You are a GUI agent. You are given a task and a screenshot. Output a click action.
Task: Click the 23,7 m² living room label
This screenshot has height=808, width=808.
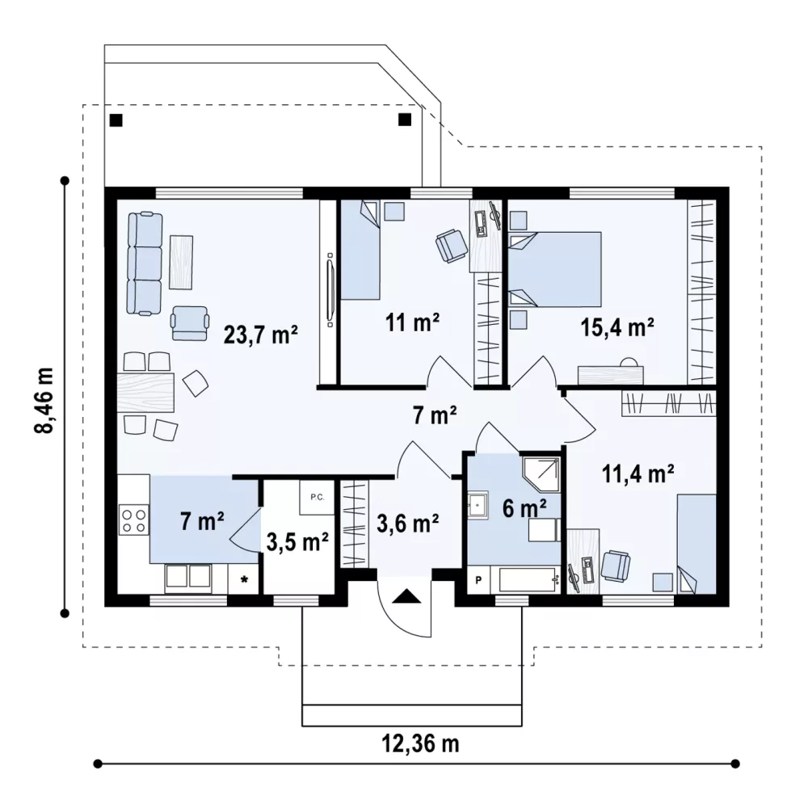[x=261, y=335]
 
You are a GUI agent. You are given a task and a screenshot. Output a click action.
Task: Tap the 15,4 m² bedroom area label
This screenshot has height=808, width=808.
[x=617, y=327]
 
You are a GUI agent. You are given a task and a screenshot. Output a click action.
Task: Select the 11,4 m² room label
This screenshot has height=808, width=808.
[x=638, y=473]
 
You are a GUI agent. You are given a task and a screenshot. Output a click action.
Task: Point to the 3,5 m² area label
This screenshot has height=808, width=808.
[x=297, y=541]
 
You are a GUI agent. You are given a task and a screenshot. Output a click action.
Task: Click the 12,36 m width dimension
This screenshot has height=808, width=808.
[x=420, y=743]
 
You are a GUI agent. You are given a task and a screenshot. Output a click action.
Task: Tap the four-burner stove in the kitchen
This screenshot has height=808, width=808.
[x=133, y=520]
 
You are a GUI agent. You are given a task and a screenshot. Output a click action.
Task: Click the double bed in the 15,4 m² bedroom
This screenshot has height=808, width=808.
[x=555, y=270]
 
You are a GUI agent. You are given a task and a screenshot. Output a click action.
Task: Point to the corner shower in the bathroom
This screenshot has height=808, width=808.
[x=541, y=473]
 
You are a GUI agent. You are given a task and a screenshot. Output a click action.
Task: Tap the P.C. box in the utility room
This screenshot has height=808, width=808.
[x=317, y=497]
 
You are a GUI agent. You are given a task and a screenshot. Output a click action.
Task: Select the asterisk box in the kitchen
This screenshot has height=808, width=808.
[x=244, y=579]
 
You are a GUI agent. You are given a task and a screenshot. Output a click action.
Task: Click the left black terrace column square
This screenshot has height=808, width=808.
[x=116, y=120]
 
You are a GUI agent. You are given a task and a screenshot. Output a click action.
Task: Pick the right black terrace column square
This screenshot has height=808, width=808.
[x=405, y=120]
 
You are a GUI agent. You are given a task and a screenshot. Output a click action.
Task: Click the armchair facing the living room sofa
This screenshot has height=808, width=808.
[x=190, y=323]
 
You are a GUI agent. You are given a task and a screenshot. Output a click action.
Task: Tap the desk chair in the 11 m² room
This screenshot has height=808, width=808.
[x=451, y=246]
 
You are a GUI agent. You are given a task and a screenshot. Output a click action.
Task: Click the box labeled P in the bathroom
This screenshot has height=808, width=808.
[x=478, y=580]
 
